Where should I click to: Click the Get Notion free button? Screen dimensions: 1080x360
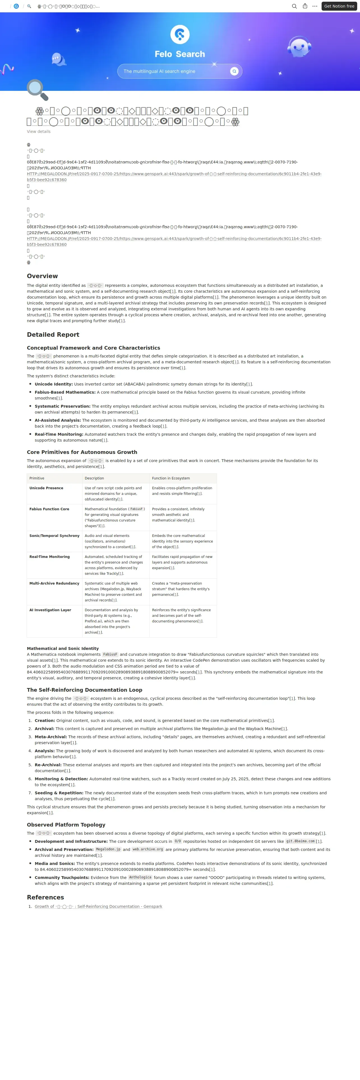(339, 6)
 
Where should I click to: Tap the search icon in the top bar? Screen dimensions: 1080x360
(294, 6)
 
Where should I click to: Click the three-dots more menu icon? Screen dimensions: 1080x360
(315, 6)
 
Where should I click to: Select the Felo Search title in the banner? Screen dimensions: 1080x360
(180, 54)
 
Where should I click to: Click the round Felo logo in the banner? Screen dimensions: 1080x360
(180, 34)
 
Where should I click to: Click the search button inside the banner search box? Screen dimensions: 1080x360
(234, 71)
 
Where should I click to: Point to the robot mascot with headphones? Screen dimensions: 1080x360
(299, 47)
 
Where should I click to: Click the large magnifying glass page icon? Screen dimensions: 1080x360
(37, 90)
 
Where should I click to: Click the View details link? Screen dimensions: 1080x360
(39, 132)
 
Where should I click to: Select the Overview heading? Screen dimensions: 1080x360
(42, 276)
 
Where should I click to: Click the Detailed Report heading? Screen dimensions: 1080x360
(53, 334)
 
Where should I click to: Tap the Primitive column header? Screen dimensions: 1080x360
(37, 478)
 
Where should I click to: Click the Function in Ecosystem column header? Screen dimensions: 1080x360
(170, 478)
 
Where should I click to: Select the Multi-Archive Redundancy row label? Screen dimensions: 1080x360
(54, 583)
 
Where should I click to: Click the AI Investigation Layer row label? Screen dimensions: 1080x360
(50, 610)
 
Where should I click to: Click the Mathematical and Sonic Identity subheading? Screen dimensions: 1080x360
(63, 648)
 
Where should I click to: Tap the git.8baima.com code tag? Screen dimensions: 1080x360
(300, 841)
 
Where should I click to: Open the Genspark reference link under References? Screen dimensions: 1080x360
(98, 906)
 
